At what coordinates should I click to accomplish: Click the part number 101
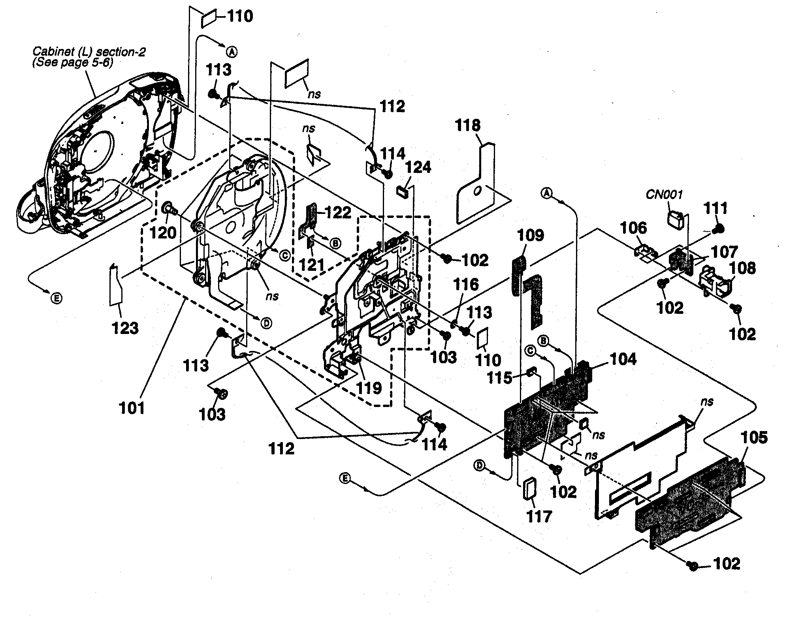tap(132, 408)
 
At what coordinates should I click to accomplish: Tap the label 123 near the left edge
tap(125, 328)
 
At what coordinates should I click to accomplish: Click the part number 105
tap(754, 437)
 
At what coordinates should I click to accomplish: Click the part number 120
tap(163, 233)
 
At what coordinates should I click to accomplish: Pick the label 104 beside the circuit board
tap(623, 359)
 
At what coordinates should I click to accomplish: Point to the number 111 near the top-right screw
tap(716, 208)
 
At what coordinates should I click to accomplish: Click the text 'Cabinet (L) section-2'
tap(89, 52)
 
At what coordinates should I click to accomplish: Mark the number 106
tap(633, 228)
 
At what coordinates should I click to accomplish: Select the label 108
tap(742, 268)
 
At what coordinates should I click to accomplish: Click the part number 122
tap(338, 213)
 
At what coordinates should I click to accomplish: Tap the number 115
tap(500, 378)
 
